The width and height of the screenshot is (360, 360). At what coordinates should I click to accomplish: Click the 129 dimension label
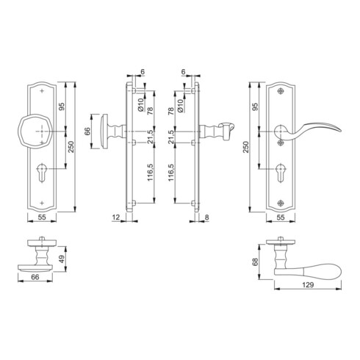click(x=308, y=285)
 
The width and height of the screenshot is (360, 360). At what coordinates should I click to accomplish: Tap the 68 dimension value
click(x=255, y=262)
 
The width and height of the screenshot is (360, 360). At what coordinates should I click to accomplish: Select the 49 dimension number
click(x=62, y=259)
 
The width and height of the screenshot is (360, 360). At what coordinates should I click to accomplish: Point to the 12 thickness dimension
click(x=115, y=217)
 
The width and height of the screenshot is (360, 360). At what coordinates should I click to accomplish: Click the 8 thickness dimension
click(x=207, y=217)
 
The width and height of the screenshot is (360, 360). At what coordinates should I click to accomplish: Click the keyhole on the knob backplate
click(x=42, y=173)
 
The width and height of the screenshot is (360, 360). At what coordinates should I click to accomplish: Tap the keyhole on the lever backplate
click(x=280, y=173)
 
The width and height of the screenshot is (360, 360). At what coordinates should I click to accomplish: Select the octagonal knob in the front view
click(x=35, y=132)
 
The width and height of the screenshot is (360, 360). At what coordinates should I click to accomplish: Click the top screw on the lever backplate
click(x=281, y=91)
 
